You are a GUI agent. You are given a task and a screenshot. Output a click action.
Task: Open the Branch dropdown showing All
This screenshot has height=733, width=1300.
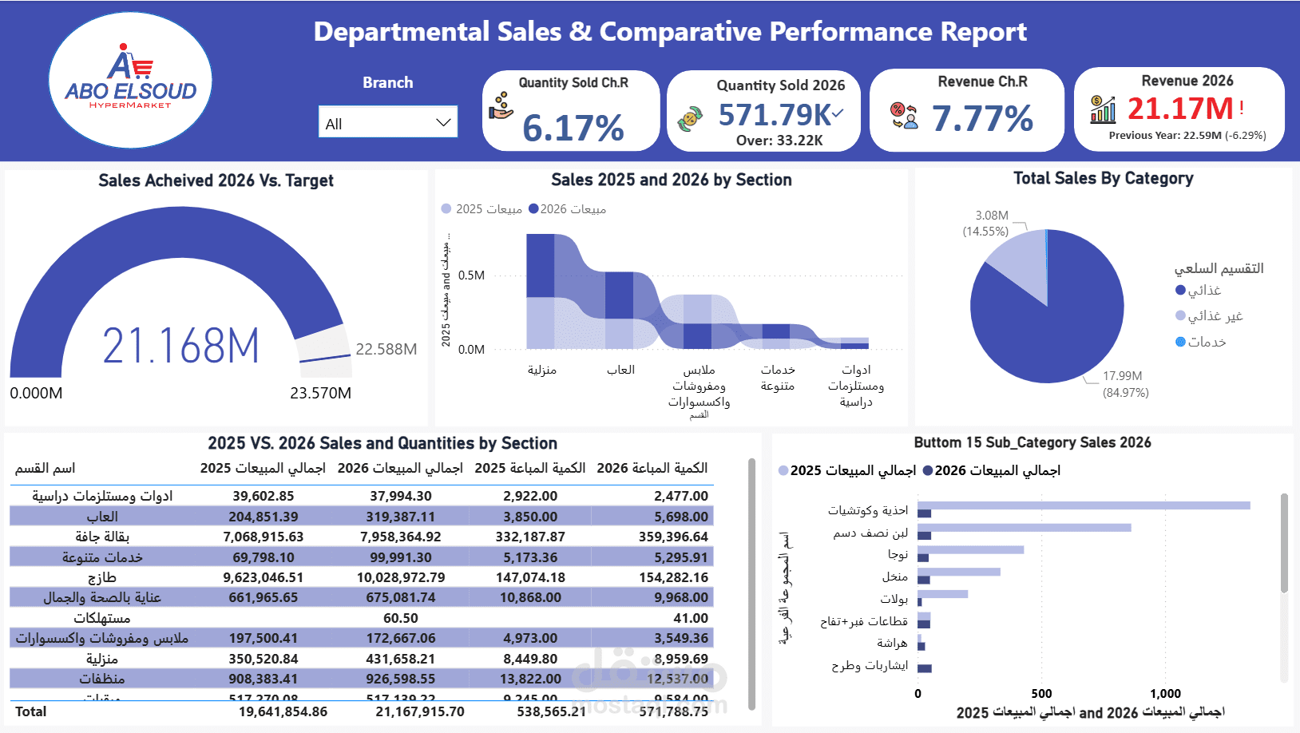387,123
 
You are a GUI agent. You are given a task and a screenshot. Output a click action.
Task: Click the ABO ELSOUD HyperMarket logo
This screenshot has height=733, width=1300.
130,80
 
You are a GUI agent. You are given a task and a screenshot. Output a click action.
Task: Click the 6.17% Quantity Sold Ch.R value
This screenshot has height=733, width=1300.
573,128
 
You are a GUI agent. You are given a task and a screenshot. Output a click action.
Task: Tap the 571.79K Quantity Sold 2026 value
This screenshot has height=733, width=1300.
775,115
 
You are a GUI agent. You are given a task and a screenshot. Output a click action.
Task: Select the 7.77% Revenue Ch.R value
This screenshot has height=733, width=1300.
982,119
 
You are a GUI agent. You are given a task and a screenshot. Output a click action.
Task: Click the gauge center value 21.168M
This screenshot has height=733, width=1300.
181,347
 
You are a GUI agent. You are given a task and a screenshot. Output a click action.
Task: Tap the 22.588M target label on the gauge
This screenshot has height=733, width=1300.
386,349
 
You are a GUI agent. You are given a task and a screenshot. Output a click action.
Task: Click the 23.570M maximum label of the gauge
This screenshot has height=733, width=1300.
320,393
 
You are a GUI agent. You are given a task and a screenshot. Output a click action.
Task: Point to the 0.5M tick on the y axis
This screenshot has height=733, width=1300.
471,275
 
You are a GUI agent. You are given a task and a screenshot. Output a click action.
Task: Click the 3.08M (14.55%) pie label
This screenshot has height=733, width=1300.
986,224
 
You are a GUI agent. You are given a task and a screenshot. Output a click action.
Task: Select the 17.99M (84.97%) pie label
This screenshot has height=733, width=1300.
1125,384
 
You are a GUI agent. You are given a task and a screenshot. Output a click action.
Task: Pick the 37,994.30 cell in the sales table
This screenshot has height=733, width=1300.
400,496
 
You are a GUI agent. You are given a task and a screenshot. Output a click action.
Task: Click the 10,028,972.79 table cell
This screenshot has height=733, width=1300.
400,577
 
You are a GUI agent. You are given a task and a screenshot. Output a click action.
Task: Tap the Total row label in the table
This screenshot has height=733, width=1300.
31,711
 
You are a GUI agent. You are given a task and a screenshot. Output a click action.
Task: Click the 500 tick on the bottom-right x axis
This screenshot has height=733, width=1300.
1041,694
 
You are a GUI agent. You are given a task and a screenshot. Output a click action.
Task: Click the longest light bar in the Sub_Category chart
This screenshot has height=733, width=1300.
1084,505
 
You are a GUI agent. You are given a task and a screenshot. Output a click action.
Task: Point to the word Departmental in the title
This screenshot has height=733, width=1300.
401,32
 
